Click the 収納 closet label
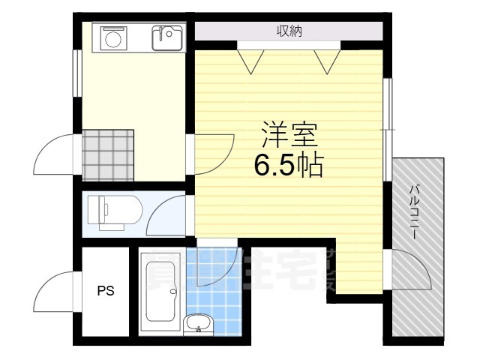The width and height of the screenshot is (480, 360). coord(289,31)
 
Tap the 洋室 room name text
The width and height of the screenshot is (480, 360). coord(289,136)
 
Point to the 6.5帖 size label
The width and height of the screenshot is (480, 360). coord(289,165)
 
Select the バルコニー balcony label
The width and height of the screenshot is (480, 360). coord(413,212)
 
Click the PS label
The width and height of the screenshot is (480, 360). coord(106,291)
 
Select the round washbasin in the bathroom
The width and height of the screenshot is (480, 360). coord(198,324)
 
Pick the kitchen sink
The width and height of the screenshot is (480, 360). coord(166,37)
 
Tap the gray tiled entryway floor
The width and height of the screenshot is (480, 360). coord(108,154)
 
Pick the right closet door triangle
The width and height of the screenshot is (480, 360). coord(326,60)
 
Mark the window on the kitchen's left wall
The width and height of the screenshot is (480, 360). coord(76,73)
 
